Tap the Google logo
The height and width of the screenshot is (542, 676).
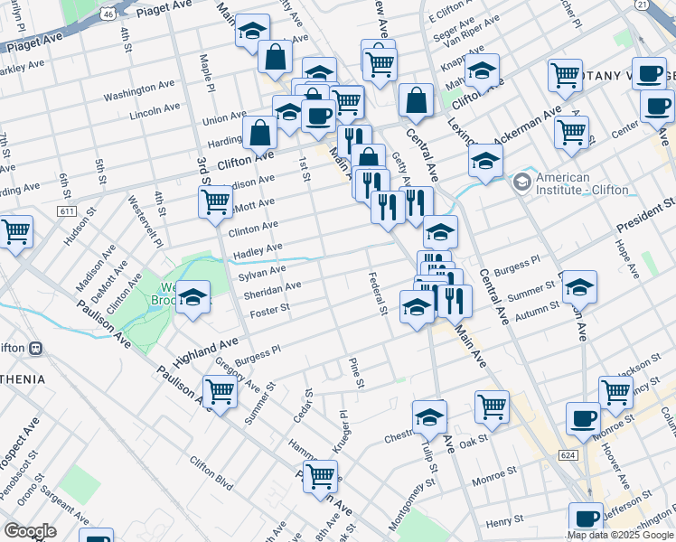(x=31, y=530)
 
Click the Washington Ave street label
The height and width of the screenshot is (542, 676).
(x=138, y=91)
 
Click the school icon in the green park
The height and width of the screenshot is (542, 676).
(x=193, y=296)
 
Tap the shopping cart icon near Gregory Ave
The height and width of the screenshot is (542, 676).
(x=221, y=391)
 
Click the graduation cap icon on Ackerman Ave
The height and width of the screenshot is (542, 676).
(x=485, y=160)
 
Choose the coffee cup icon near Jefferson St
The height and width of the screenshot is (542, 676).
(x=586, y=519)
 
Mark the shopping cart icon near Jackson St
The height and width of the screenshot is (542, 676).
(x=615, y=391)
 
